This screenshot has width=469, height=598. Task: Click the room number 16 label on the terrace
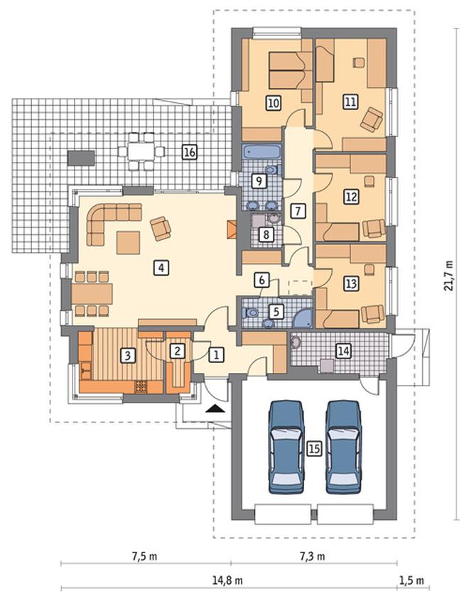click(189, 152)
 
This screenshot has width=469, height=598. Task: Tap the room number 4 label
click(161, 268)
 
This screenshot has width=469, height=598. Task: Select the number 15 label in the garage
click(314, 449)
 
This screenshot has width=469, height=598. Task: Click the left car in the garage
click(286, 447)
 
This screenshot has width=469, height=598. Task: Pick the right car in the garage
click(343, 447)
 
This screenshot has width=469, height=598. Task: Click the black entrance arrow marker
click(215, 408)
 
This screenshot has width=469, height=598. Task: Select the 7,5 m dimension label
click(145, 556)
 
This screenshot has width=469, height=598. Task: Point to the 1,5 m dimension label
click(411, 581)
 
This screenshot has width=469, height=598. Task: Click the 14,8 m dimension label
click(227, 581)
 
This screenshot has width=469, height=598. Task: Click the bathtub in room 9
click(262, 152)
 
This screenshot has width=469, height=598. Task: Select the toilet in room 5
click(250, 313)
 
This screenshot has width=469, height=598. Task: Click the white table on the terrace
click(141, 151)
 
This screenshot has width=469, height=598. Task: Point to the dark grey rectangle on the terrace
click(81, 158)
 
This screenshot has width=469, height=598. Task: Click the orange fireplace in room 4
click(232, 230)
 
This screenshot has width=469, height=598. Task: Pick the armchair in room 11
click(372, 119)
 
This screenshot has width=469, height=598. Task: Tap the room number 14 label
click(343, 351)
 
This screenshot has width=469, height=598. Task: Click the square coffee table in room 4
click(128, 243)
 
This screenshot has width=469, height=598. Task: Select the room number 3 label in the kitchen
click(127, 355)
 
